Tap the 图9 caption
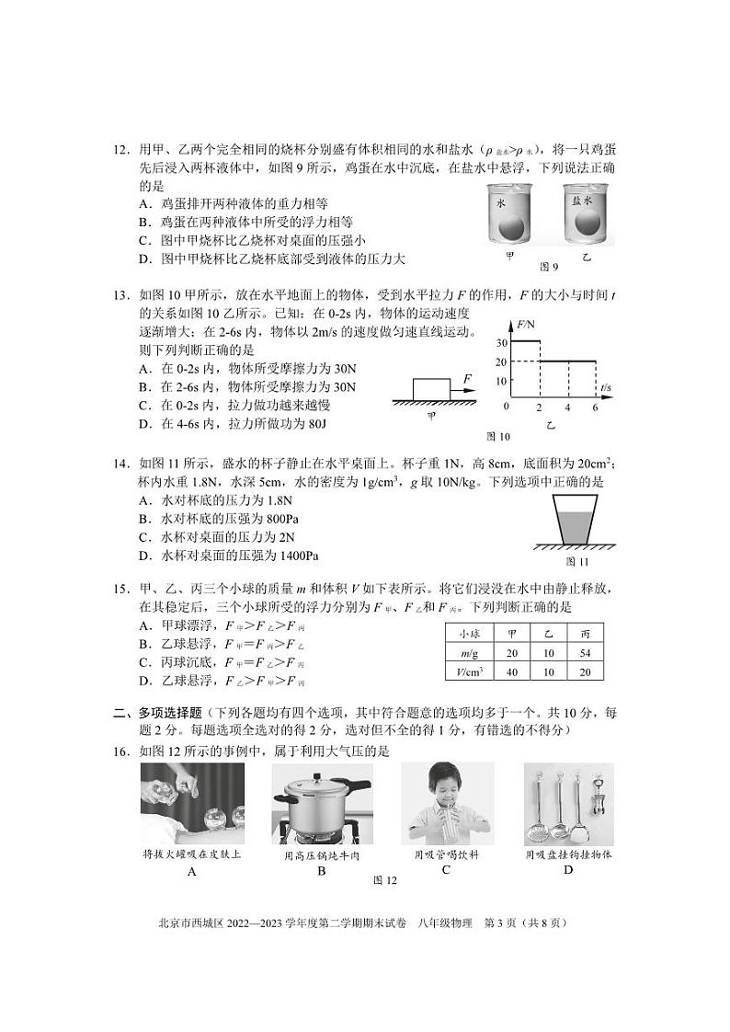pos(549,267)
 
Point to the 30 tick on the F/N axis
pos(500,342)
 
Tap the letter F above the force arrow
pos(468,378)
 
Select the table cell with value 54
pos(585,652)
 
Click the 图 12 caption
pos(384,881)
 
